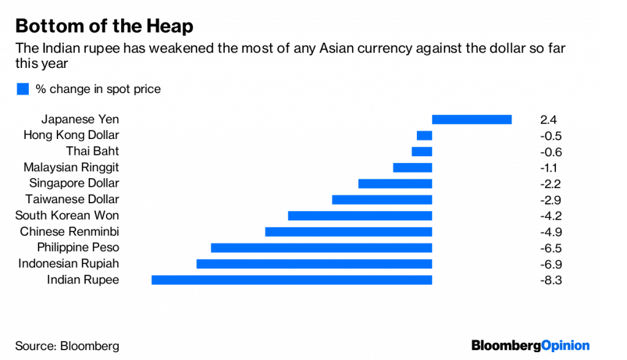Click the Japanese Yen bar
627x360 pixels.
471,119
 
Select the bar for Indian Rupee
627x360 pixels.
291,280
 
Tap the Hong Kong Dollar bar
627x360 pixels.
424,135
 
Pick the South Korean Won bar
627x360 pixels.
360,216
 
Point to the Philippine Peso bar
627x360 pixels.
321,247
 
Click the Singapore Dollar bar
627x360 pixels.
395,184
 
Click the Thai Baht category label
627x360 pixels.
93,151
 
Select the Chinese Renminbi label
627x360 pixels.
69,231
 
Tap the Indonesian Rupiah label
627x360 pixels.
69,264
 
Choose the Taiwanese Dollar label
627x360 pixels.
72,200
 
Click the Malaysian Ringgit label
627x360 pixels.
71,167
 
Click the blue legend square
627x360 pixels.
23,89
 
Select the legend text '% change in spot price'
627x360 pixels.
98,89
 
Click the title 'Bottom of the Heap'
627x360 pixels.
104,26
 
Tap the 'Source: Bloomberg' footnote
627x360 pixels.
67,345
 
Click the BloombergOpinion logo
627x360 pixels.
530,345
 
